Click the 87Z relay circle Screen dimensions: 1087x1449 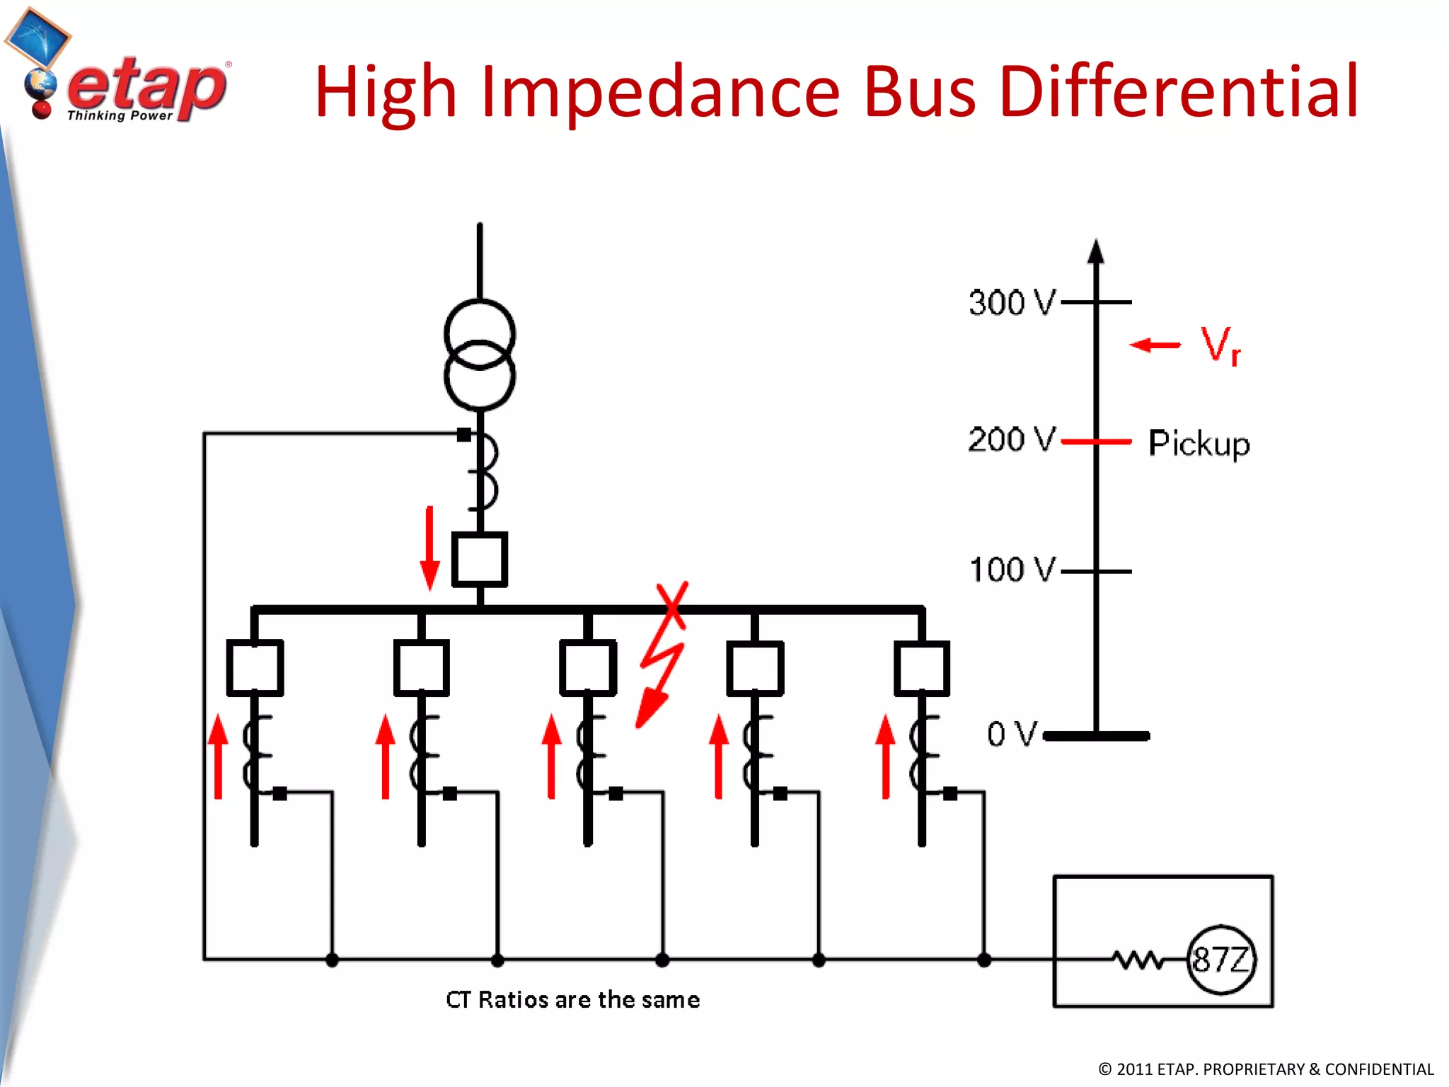pyautogui.click(x=1221, y=960)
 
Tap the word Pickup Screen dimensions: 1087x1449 pyautogui.click(x=1199, y=444)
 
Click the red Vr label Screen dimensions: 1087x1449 pyautogui.click(x=1220, y=346)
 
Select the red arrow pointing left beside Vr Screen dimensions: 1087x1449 pyautogui.click(x=1155, y=345)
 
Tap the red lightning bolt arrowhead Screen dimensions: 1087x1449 pyautogui.click(x=650, y=711)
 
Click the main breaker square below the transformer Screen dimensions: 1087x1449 pyautogui.click(x=480, y=559)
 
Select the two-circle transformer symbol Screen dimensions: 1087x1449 pyautogui.click(x=480, y=355)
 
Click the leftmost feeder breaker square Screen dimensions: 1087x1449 pyautogui.click(x=255, y=668)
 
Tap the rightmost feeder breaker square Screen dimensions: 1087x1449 pyautogui.click(x=921, y=668)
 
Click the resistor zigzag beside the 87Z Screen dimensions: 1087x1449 pyautogui.click(x=1137, y=960)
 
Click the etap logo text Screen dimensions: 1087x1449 pyautogui.click(x=146, y=88)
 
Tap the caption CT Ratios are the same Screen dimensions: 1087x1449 pyautogui.click(x=572, y=1000)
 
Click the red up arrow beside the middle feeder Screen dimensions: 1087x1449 pyautogui.click(x=551, y=756)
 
